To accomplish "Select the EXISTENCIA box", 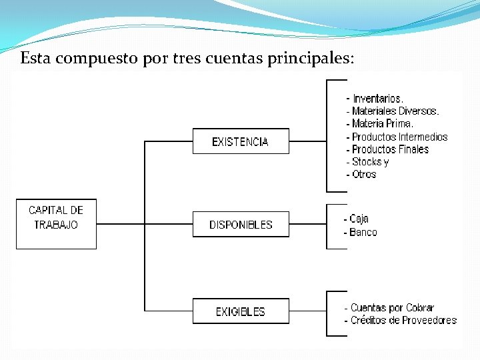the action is [241, 141].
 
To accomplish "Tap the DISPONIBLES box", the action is [241, 225].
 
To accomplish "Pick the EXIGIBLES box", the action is [241, 311].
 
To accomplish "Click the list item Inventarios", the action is [378, 99].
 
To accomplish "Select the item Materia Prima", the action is [382, 124].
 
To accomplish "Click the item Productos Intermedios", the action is [399, 137].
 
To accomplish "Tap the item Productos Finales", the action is [390, 149].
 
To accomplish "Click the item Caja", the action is [359, 219].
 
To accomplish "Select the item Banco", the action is [363, 232].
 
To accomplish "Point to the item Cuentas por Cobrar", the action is [392, 307].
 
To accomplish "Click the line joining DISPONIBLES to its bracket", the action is [307, 225].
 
